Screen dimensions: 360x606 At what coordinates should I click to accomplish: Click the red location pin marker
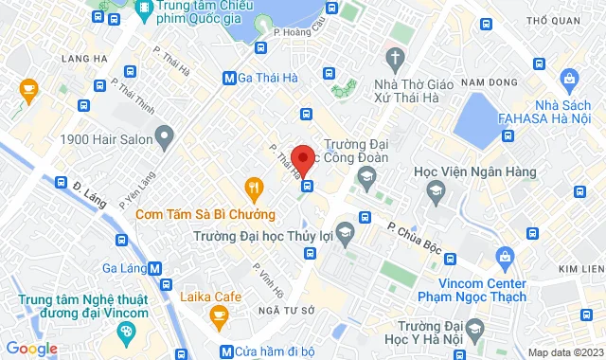pos(303,158)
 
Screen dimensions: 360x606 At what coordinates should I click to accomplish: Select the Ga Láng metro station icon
pos(154,268)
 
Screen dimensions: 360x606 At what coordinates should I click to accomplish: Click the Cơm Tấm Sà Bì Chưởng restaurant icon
pos(252,187)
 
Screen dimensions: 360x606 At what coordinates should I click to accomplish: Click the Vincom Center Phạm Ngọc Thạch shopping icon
pos(505,256)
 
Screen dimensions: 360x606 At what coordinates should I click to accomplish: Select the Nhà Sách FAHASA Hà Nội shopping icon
pos(570,78)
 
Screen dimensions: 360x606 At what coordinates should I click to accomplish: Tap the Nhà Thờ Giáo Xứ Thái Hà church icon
pos(395,55)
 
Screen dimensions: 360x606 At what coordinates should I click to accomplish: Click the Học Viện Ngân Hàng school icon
pos(436,192)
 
